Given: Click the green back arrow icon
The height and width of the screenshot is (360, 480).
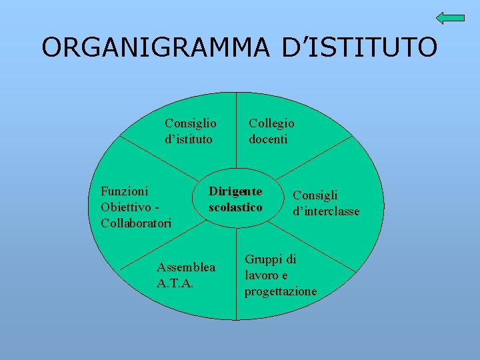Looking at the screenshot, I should tap(451, 18).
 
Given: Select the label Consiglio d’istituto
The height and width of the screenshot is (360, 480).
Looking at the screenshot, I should tap(190, 131).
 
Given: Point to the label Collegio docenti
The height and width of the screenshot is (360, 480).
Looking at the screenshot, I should tap(271, 131).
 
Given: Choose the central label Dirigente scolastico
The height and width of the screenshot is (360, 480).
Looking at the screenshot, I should tap(235, 199).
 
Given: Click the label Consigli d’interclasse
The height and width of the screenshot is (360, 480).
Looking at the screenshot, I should tap(326, 203).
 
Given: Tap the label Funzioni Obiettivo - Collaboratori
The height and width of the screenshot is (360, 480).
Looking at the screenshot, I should tap(135, 207).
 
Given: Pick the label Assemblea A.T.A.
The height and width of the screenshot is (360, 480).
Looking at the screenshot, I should tap(186, 275).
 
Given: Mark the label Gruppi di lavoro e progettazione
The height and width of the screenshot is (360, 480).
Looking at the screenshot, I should tap(280, 275).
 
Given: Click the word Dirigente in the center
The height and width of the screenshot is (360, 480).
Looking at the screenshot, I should tap(235, 191).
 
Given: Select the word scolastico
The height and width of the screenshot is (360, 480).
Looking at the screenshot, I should tap(235, 207).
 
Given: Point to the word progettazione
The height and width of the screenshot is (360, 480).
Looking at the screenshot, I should tap(281, 291).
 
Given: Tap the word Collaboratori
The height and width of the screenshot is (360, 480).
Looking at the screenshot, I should tap(136, 223).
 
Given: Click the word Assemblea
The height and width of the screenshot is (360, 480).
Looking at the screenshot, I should tap(186, 267).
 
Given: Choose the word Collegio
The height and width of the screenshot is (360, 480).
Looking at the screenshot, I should tap(271, 123).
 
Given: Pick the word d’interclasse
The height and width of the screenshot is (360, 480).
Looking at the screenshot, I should tap(326, 211).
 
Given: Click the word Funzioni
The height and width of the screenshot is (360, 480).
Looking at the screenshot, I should tap(125, 191).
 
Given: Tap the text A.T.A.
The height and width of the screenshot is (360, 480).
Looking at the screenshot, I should tap(174, 283).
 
